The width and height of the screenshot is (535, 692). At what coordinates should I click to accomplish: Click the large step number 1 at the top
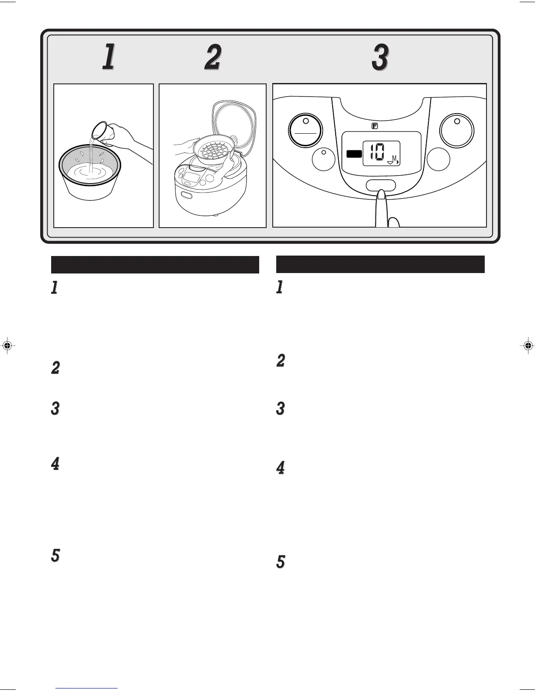pos(108,58)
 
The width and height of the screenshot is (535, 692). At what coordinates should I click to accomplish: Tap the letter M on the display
pos(394,158)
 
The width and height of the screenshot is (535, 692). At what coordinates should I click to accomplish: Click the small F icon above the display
pos(375,126)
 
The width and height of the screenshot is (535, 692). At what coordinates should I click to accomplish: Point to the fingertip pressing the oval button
pos(381,195)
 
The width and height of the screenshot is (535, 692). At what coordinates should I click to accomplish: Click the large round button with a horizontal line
pos(305,130)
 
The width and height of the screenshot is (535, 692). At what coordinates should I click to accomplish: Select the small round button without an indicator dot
pos(438,160)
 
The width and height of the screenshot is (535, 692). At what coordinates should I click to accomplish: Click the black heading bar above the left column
pos(155,265)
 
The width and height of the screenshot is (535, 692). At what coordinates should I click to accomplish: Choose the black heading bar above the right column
pos(380,264)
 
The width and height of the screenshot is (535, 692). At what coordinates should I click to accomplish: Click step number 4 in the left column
pos(55,464)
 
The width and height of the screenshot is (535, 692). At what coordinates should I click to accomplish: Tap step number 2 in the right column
pos(280,361)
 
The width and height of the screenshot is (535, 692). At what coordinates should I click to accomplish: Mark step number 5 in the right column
pos(280,562)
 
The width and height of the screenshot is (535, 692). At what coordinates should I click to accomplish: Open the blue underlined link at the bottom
pos(87,689)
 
